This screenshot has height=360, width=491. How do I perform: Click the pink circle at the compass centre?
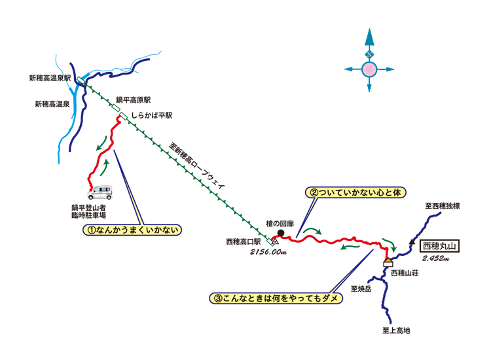coord(369,69)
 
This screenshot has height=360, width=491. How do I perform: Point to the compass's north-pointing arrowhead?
coord(369,36)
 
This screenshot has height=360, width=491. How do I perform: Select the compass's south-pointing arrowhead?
coord(369,86)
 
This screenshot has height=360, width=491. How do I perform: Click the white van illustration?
coord(101,194)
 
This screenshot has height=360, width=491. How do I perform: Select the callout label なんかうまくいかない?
coord(131,230)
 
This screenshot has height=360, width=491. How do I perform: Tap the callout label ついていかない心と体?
coord(355,193)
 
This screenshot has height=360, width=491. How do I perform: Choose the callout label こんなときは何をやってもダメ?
coord(276,298)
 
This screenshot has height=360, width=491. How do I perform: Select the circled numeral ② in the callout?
coord(314,193)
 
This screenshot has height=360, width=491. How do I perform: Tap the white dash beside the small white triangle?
coord(270,238)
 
